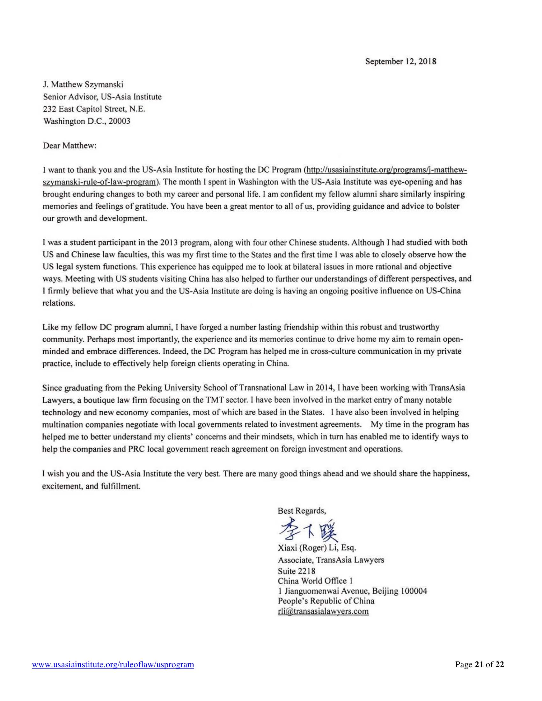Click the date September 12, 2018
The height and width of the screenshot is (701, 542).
tap(400, 61)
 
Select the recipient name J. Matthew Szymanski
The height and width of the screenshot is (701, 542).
tap(83, 85)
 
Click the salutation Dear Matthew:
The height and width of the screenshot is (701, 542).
tap(70, 146)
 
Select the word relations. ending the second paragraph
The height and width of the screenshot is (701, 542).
tap(59, 303)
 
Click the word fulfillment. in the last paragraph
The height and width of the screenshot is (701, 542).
tap(121, 486)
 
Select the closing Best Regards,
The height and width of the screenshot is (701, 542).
tap(302, 511)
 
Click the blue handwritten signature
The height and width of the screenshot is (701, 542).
tap(308, 530)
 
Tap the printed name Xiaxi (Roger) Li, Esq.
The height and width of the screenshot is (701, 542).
tap(317, 547)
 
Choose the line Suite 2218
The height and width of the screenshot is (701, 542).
tap(297, 571)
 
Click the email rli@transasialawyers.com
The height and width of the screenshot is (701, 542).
tap(323, 611)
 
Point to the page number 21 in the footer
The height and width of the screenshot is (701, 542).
tap(479, 664)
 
